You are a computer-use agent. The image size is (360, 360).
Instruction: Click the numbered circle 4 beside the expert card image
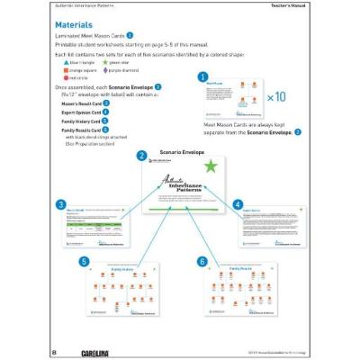[238, 204]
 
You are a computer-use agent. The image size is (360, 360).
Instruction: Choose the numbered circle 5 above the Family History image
[84, 261]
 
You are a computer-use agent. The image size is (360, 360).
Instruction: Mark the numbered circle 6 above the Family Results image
[202, 261]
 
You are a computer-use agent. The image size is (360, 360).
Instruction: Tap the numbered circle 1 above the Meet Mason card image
[202, 77]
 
